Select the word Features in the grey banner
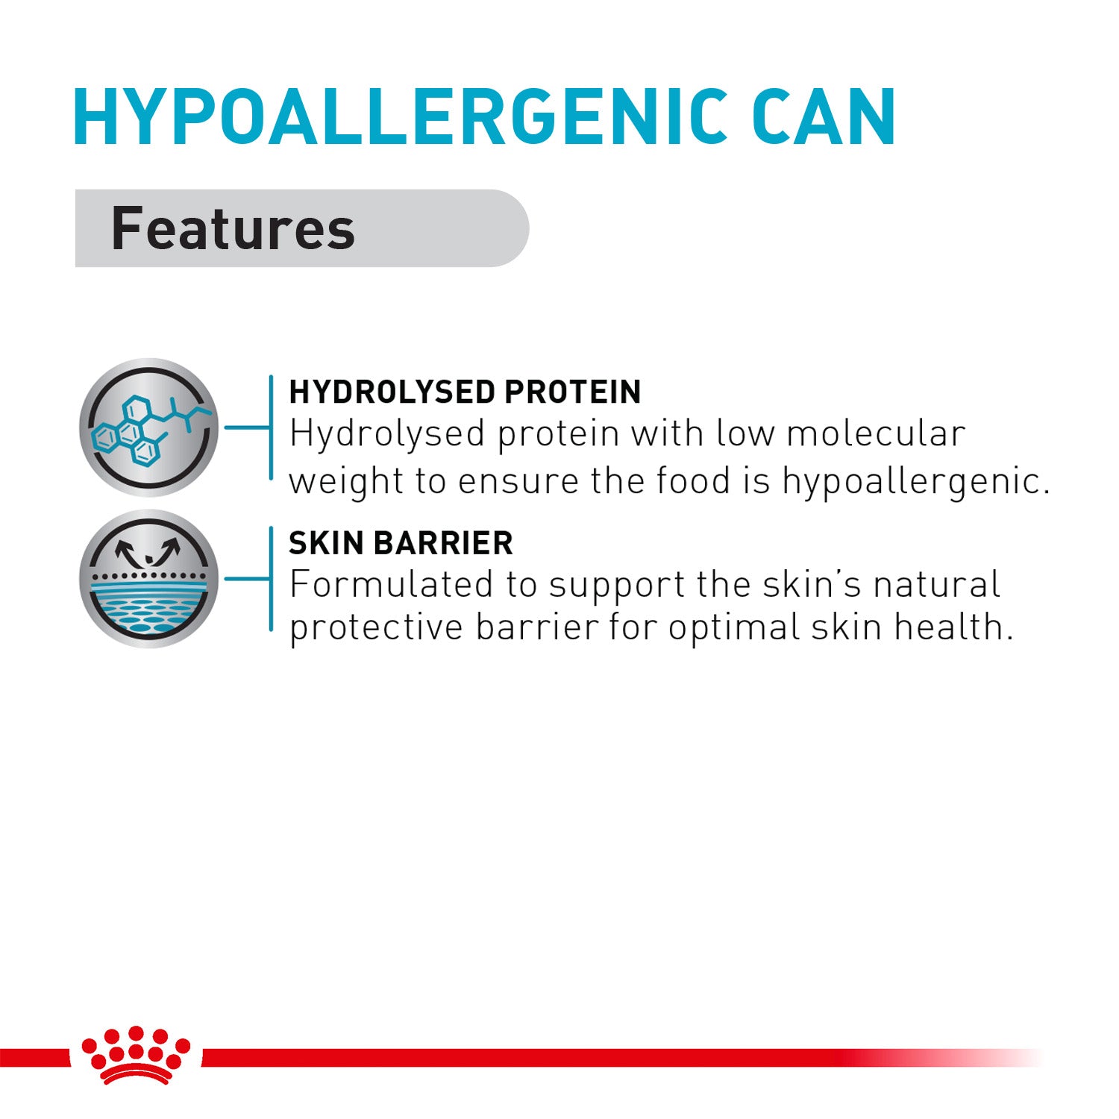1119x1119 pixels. pyautogui.click(x=233, y=228)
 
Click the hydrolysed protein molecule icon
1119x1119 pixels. pyautogui.click(x=149, y=427)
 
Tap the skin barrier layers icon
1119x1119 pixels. pyautogui.click(x=149, y=579)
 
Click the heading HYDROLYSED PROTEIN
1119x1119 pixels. pyautogui.click(x=465, y=392)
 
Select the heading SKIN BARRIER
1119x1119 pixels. pyautogui.click(x=401, y=543)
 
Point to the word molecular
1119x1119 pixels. pyautogui.click(x=876, y=433)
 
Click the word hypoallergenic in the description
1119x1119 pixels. pyautogui.click(x=916, y=482)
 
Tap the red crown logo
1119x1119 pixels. pyautogui.click(x=137, y=1056)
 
